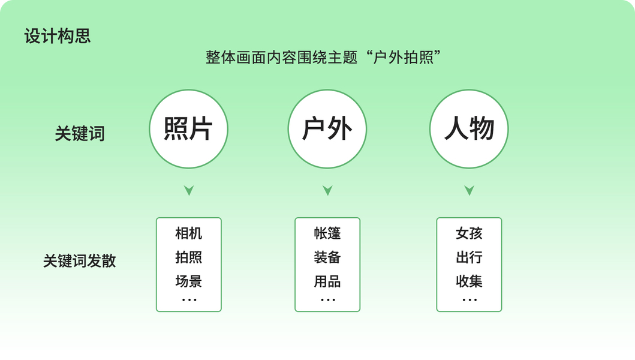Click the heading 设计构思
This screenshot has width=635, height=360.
pyautogui.click(x=58, y=36)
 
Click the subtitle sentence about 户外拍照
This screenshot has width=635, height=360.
pyautogui.click(x=324, y=58)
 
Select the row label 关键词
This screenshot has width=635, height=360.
pyautogui.click(x=80, y=133)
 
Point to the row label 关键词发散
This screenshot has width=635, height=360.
pyautogui.click(x=80, y=261)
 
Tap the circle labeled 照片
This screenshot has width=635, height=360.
pyautogui.click(x=188, y=129)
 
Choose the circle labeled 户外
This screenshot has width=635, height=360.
pyautogui.click(x=327, y=129)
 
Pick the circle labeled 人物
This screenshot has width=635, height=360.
pyautogui.click(x=469, y=129)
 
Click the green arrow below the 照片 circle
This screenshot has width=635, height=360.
pyautogui.click(x=189, y=190)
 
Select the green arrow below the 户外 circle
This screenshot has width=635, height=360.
pyautogui.click(x=327, y=190)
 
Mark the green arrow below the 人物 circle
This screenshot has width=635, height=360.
pyautogui.click(x=470, y=190)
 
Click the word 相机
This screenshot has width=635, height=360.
pyautogui.click(x=188, y=233)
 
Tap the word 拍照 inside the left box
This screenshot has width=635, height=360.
pyautogui.click(x=188, y=257)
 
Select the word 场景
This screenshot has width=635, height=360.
pyautogui.click(x=188, y=281)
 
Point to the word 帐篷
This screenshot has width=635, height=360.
pyautogui.click(x=327, y=233)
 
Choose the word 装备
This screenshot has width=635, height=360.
pyautogui.click(x=327, y=257)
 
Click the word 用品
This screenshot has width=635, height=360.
pyautogui.click(x=327, y=281)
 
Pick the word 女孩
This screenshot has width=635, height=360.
pyautogui.click(x=469, y=233)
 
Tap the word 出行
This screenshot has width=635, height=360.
pyautogui.click(x=469, y=257)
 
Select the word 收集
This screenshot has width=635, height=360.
pyautogui.click(x=469, y=281)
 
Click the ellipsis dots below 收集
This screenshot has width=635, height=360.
pyautogui.click(x=469, y=299)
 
